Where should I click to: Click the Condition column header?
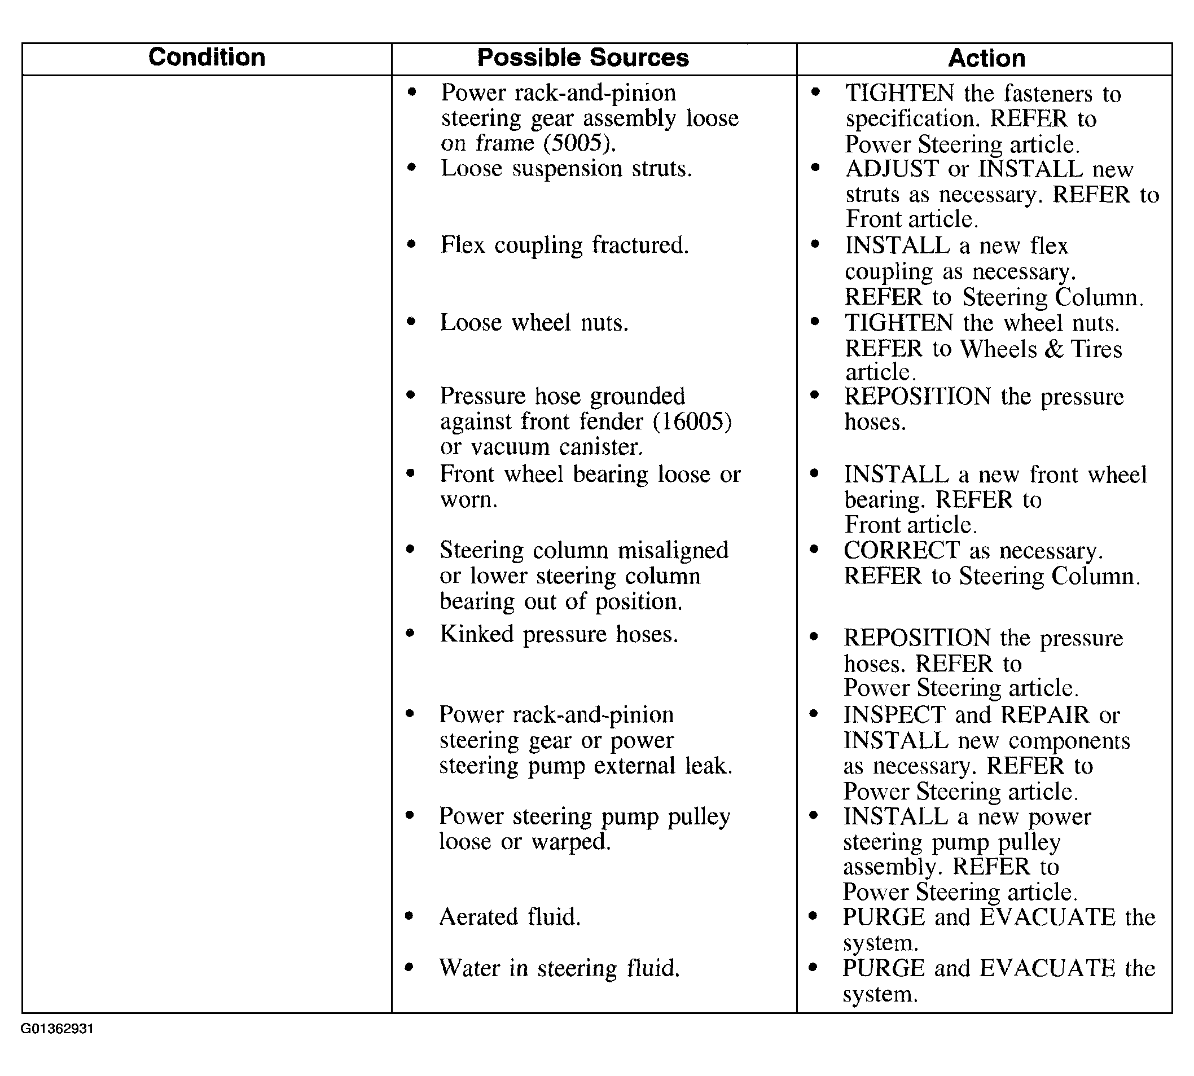207,58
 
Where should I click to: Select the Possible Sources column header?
583,58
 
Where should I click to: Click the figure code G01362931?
57,1029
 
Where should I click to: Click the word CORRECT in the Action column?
901,551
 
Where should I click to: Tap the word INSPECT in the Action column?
894,715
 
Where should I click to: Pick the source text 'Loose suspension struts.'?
565,169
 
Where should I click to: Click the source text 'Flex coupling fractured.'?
564,245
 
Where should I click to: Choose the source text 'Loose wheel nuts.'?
534,323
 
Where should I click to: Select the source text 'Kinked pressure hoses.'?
559,634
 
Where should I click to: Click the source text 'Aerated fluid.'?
510,917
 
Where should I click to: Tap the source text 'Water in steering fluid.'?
559,968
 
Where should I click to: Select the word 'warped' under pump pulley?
570,841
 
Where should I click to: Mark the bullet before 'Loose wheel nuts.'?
411,322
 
